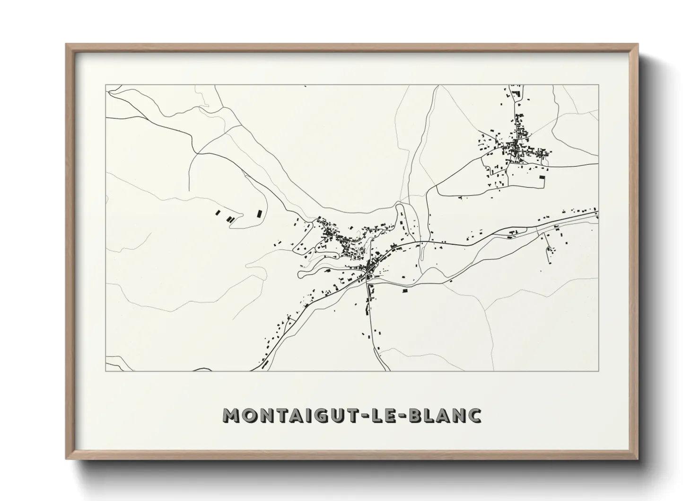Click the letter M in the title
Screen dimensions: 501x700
tap(233, 415)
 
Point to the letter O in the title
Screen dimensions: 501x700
tap(252, 415)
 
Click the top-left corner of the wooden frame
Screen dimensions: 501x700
tap(66, 45)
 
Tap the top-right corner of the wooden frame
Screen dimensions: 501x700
tap(638, 45)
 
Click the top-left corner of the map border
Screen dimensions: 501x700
tap(106, 85)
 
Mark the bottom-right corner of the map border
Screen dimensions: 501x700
tap(599, 371)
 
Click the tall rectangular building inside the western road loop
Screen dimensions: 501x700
tap(259, 214)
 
